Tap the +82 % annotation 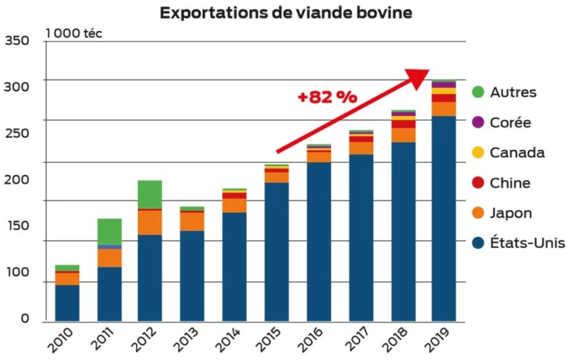point(327,97)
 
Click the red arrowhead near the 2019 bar point(417,78)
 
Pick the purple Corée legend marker point(478,122)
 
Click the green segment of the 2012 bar point(150,195)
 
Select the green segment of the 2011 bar point(109,231)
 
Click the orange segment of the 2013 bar point(192,221)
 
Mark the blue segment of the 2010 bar point(67,302)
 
